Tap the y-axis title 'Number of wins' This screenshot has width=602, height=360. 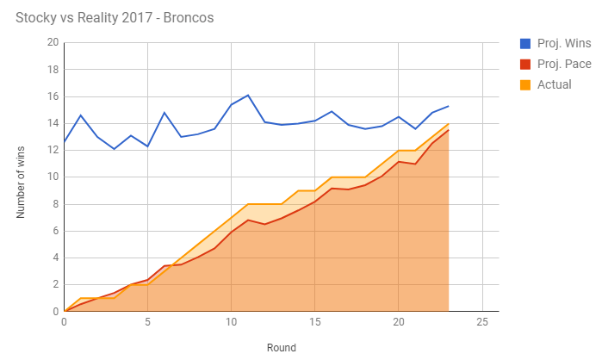tap(22, 177)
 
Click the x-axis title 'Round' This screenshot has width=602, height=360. tap(281, 348)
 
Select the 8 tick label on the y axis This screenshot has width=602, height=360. tap(55, 204)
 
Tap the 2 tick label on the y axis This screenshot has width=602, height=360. tap(55, 284)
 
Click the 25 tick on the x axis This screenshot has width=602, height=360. tap(481, 322)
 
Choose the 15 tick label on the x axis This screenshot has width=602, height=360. tap(315, 322)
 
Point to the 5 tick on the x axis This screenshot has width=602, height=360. tap(148, 322)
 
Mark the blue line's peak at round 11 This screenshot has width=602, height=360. tap(248, 95)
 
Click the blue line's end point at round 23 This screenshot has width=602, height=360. tap(449, 106)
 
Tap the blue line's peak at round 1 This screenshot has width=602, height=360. tap(81, 115)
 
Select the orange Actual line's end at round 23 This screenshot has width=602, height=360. tap(449, 123)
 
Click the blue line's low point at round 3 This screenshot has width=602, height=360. tap(115, 149)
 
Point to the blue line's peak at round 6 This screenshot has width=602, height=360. tap(164, 113)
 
